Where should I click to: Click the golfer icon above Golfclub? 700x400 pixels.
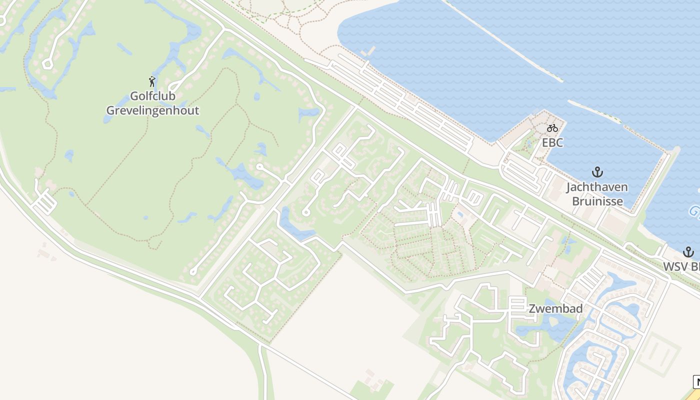[x=152, y=81]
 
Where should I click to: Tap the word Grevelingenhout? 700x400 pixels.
[x=152, y=110]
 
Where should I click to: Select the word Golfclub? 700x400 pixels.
[x=152, y=96]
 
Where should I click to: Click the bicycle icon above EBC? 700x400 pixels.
[x=552, y=128]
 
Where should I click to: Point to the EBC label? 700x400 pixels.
[x=552, y=143]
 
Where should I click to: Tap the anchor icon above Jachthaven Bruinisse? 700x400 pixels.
[x=597, y=172]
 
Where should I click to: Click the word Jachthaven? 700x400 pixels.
[x=597, y=187]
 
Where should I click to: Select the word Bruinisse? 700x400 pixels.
[x=597, y=201]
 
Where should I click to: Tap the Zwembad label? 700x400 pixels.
[x=555, y=309]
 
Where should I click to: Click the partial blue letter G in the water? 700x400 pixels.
[x=694, y=211]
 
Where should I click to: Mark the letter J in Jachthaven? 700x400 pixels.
[x=569, y=187]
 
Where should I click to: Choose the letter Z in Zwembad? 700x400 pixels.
[x=532, y=309]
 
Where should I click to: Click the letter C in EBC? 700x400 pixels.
[x=559, y=143]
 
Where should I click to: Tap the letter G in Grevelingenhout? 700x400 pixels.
[x=110, y=110]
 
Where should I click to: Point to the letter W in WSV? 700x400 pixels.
[x=669, y=266]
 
